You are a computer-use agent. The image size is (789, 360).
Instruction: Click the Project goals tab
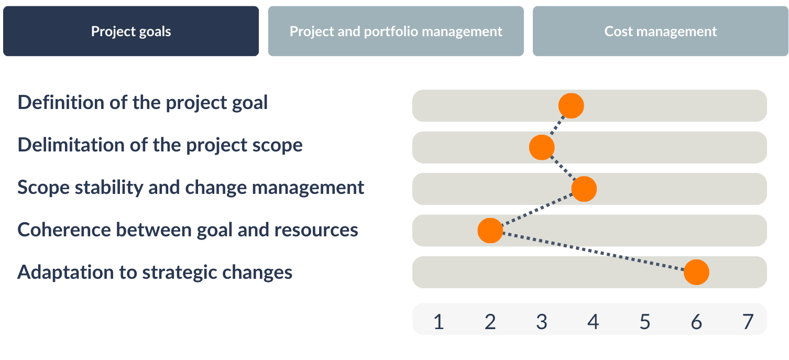point(131,31)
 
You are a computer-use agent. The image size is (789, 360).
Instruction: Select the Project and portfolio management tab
point(396,31)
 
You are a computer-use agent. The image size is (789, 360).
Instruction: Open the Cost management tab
point(661,31)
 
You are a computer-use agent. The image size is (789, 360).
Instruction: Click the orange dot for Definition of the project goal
point(571,106)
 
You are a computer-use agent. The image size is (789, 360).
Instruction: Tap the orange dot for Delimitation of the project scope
point(542,147)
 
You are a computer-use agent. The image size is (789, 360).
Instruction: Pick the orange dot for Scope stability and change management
point(584,189)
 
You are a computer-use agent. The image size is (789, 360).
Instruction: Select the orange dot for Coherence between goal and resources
point(490,231)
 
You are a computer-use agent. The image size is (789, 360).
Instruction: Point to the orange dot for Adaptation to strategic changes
point(696,272)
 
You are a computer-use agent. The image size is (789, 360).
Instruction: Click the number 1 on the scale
point(439,322)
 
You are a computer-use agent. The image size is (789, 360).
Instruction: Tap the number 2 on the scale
point(490,322)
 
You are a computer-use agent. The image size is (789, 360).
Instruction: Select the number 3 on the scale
point(542,322)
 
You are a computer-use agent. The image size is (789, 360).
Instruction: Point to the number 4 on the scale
point(594,322)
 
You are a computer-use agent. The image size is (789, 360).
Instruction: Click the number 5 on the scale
point(645,322)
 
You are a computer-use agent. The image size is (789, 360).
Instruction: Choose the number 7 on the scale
point(748,322)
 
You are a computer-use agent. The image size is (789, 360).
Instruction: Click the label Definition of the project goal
point(143,103)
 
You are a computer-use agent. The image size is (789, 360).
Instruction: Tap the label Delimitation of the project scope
point(160,145)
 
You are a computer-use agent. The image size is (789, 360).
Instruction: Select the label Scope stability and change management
point(191,188)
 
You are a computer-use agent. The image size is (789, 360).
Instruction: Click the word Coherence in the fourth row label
point(64,230)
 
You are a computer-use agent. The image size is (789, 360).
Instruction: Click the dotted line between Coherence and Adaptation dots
point(593,251)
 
